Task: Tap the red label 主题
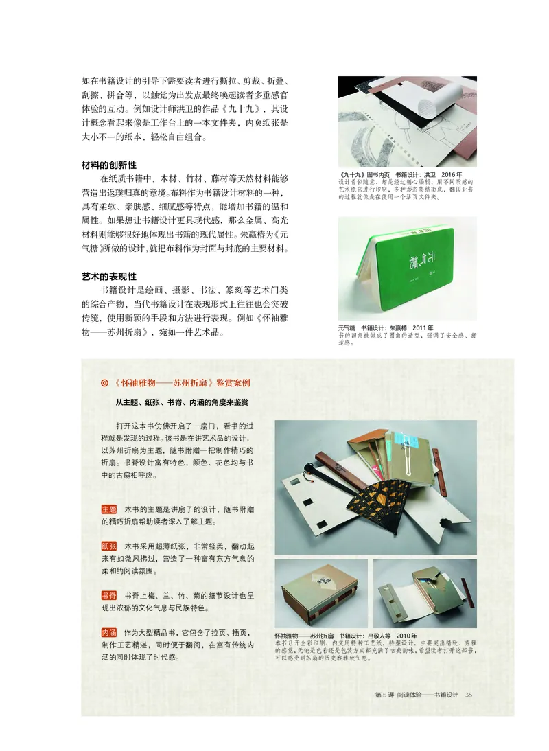click(109, 509)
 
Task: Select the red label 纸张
click(109, 546)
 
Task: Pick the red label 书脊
click(109, 595)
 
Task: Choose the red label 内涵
click(109, 632)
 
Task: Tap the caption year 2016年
click(452, 175)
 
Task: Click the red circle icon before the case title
click(104, 384)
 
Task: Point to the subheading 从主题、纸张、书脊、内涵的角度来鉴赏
click(182, 402)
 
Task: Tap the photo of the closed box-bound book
click(320, 593)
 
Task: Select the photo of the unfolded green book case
click(425, 593)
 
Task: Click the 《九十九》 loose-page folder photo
click(407, 122)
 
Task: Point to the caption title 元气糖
click(349, 329)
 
